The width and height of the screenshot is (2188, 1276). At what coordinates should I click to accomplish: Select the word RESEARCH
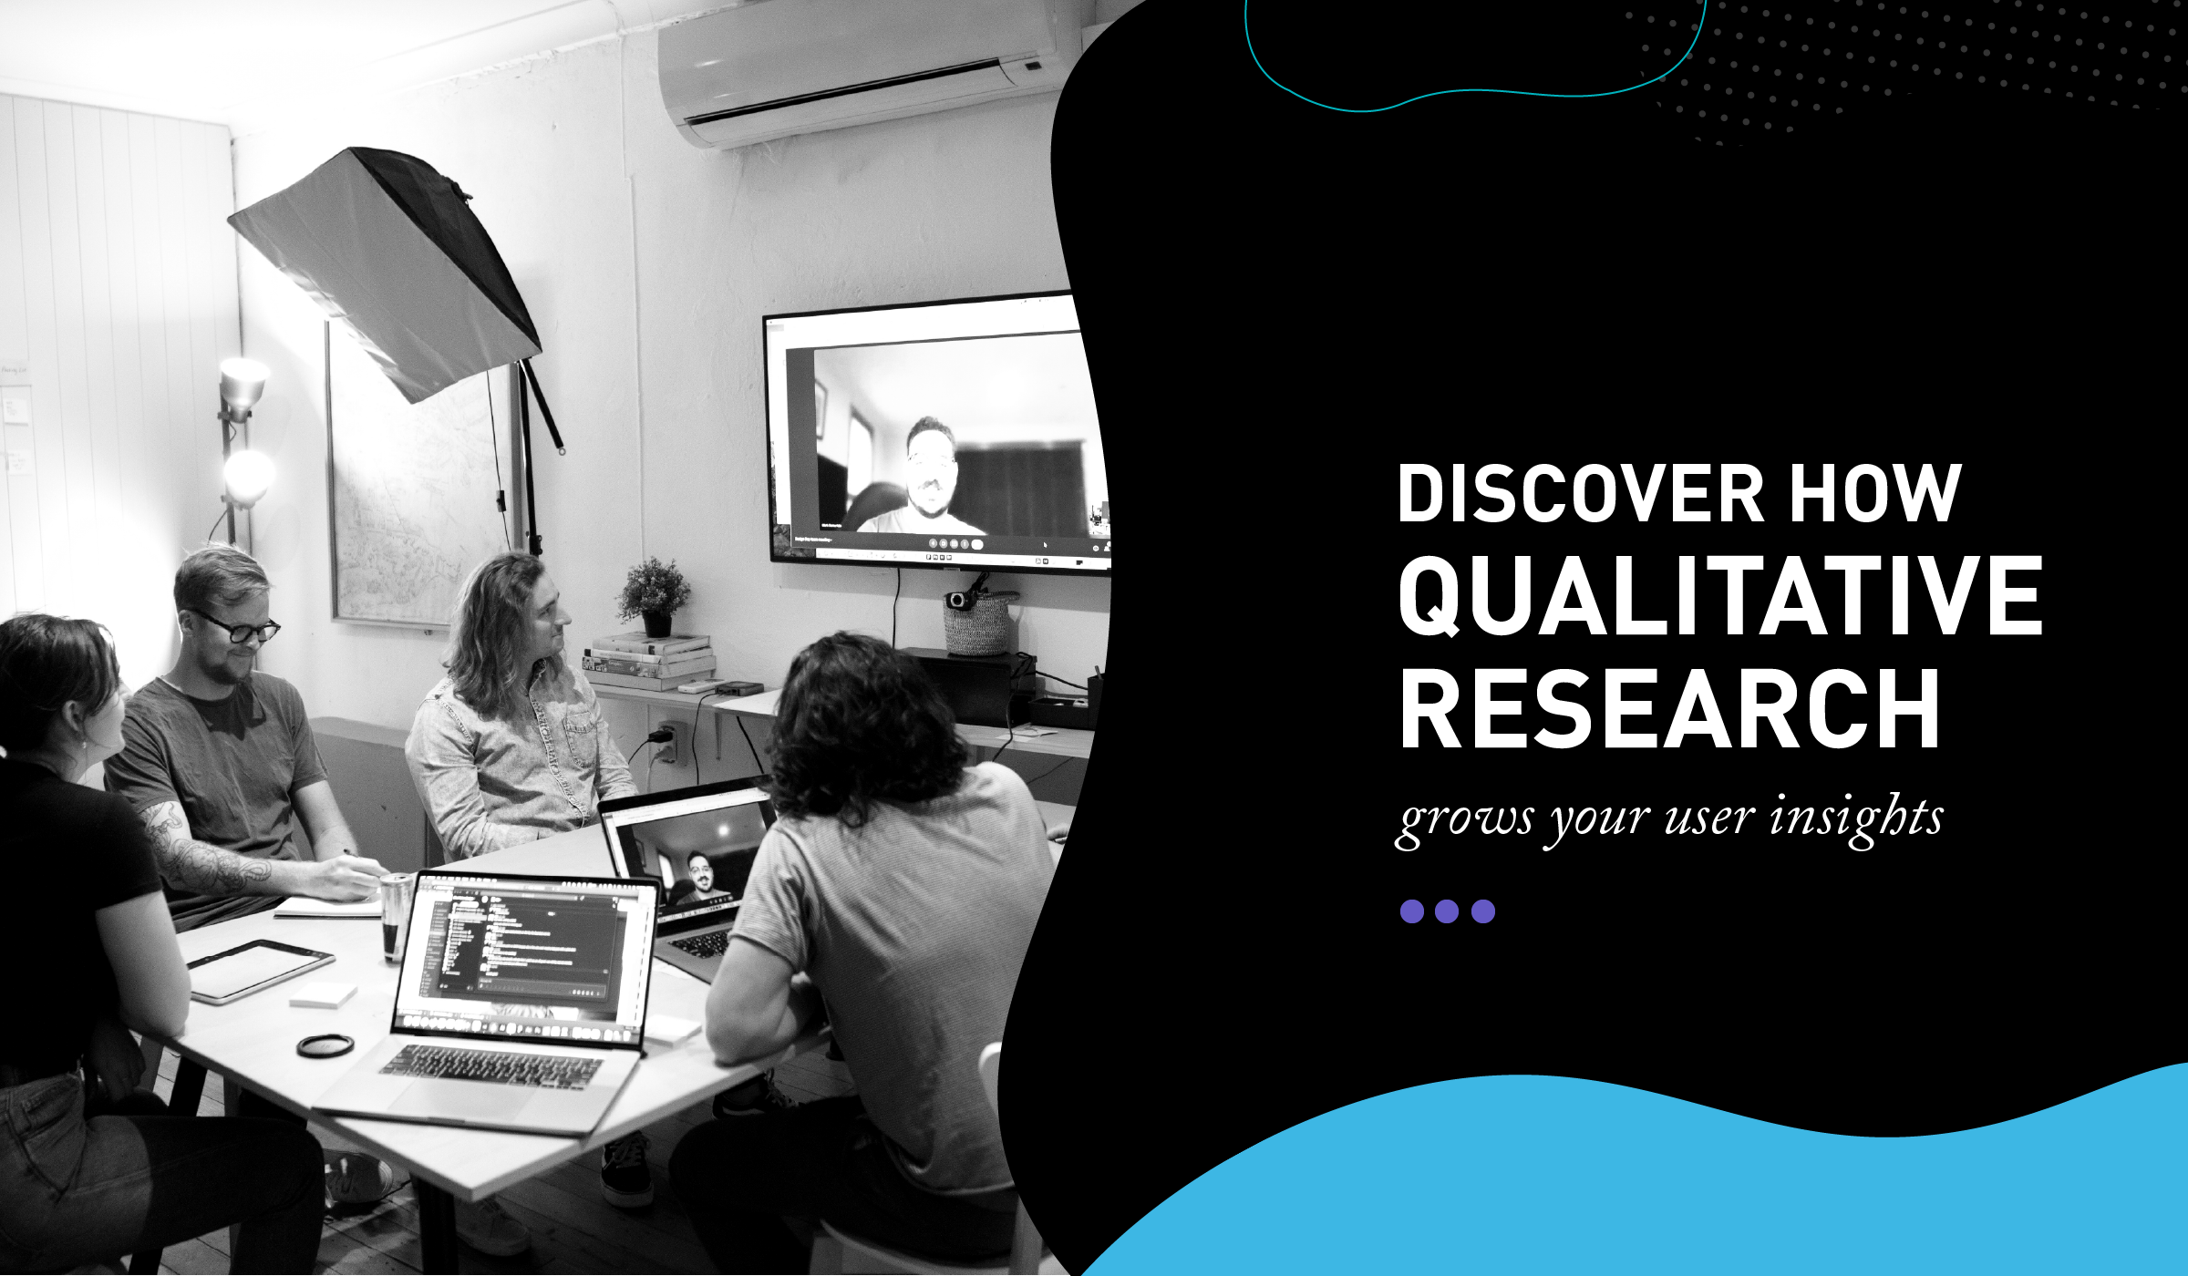pos(1669,708)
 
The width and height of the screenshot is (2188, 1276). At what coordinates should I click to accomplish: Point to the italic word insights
pos(1856,817)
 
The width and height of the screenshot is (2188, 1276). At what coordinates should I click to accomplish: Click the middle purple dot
pos(1447,911)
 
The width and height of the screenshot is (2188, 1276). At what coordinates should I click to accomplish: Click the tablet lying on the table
pos(260,972)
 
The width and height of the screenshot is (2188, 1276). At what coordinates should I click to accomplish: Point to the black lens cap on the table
pos(325,1045)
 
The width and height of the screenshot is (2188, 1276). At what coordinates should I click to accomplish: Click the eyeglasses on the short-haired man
pos(239,627)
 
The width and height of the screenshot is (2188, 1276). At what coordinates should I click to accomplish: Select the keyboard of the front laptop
pos(492,1066)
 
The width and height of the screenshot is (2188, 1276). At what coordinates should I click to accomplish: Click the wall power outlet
pos(670,740)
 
